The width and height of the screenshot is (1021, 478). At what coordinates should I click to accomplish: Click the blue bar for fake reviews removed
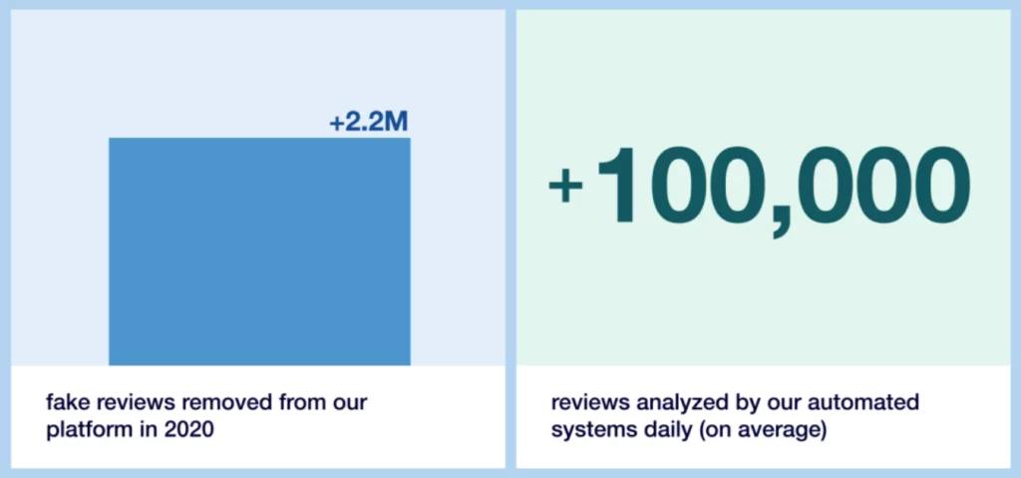click(x=259, y=251)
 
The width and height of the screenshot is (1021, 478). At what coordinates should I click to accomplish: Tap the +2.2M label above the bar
click(x=369, y=122)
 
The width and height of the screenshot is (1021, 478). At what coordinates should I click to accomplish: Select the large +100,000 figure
click(x=759, y=188)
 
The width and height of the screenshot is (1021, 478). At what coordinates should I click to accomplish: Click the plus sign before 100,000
click(x=565, y=186)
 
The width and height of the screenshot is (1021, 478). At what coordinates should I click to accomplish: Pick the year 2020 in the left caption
click(x=191, y=431)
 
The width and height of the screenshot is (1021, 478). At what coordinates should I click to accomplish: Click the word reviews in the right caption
click(x=590, y=402)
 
